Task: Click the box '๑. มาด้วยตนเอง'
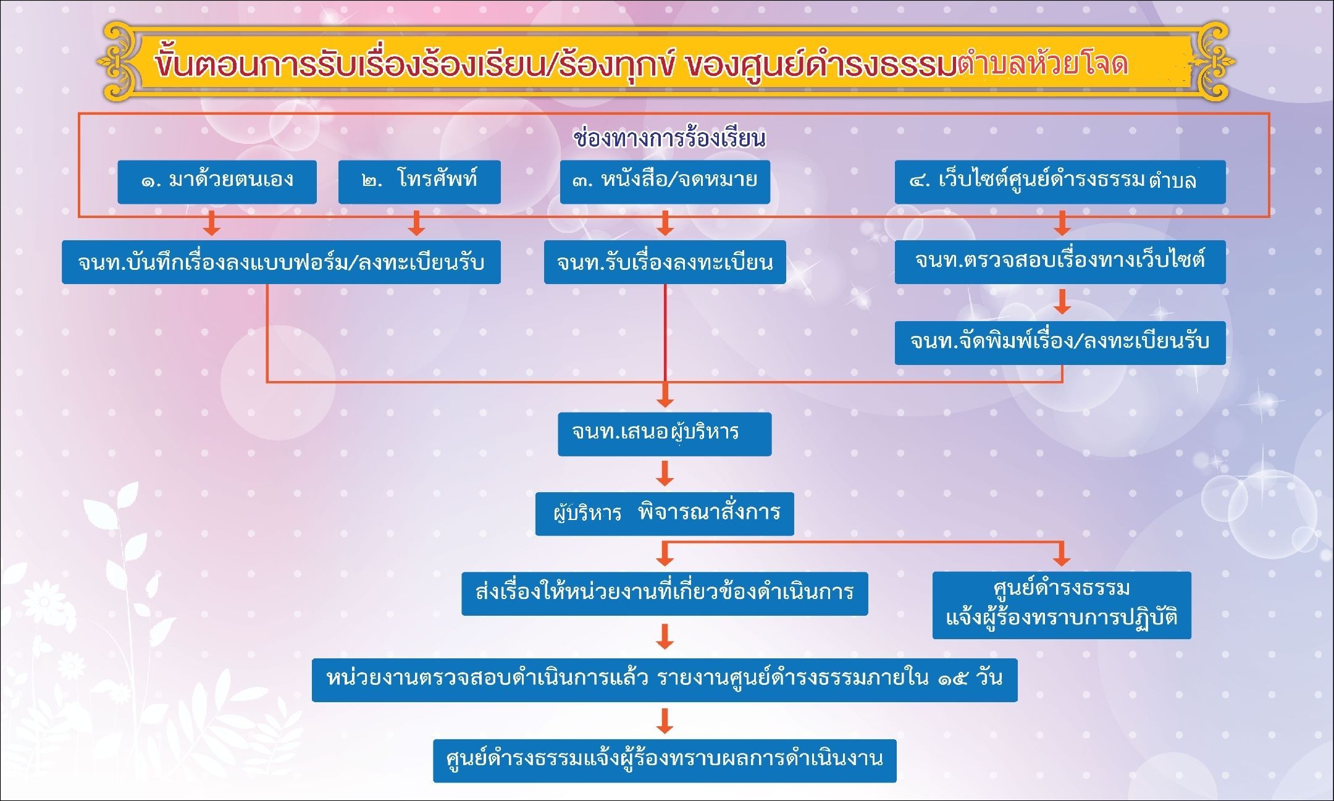coord(217,182)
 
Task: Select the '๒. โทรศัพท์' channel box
coord(419,182)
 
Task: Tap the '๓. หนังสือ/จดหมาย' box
coord(665,182)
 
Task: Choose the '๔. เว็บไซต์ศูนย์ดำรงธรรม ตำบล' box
coord(1060,182)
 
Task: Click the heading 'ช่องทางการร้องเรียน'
coord(669,138)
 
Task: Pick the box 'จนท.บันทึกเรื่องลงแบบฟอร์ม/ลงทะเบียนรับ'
coord(281,262)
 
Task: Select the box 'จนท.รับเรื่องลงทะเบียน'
coord(665,262)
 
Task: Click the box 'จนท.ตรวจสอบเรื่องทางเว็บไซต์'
coord(1060,262)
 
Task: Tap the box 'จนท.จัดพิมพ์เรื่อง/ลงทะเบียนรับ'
coord(1060,342)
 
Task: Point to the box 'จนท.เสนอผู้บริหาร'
coord(665,434)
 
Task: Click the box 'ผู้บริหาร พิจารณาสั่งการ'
coord(665,513)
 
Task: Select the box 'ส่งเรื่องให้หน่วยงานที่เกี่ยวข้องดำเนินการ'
coord(665,593)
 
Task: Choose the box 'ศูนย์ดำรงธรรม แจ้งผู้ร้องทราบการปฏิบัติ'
coord(1062,605)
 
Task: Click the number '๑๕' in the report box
coord(953,679)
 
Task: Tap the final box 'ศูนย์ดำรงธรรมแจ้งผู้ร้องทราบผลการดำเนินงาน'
coord(665,760)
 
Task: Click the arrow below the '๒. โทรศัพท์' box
coord(417,223)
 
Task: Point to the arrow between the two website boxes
coord(1062,301)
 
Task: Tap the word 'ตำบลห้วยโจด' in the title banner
coord(1043,64)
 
